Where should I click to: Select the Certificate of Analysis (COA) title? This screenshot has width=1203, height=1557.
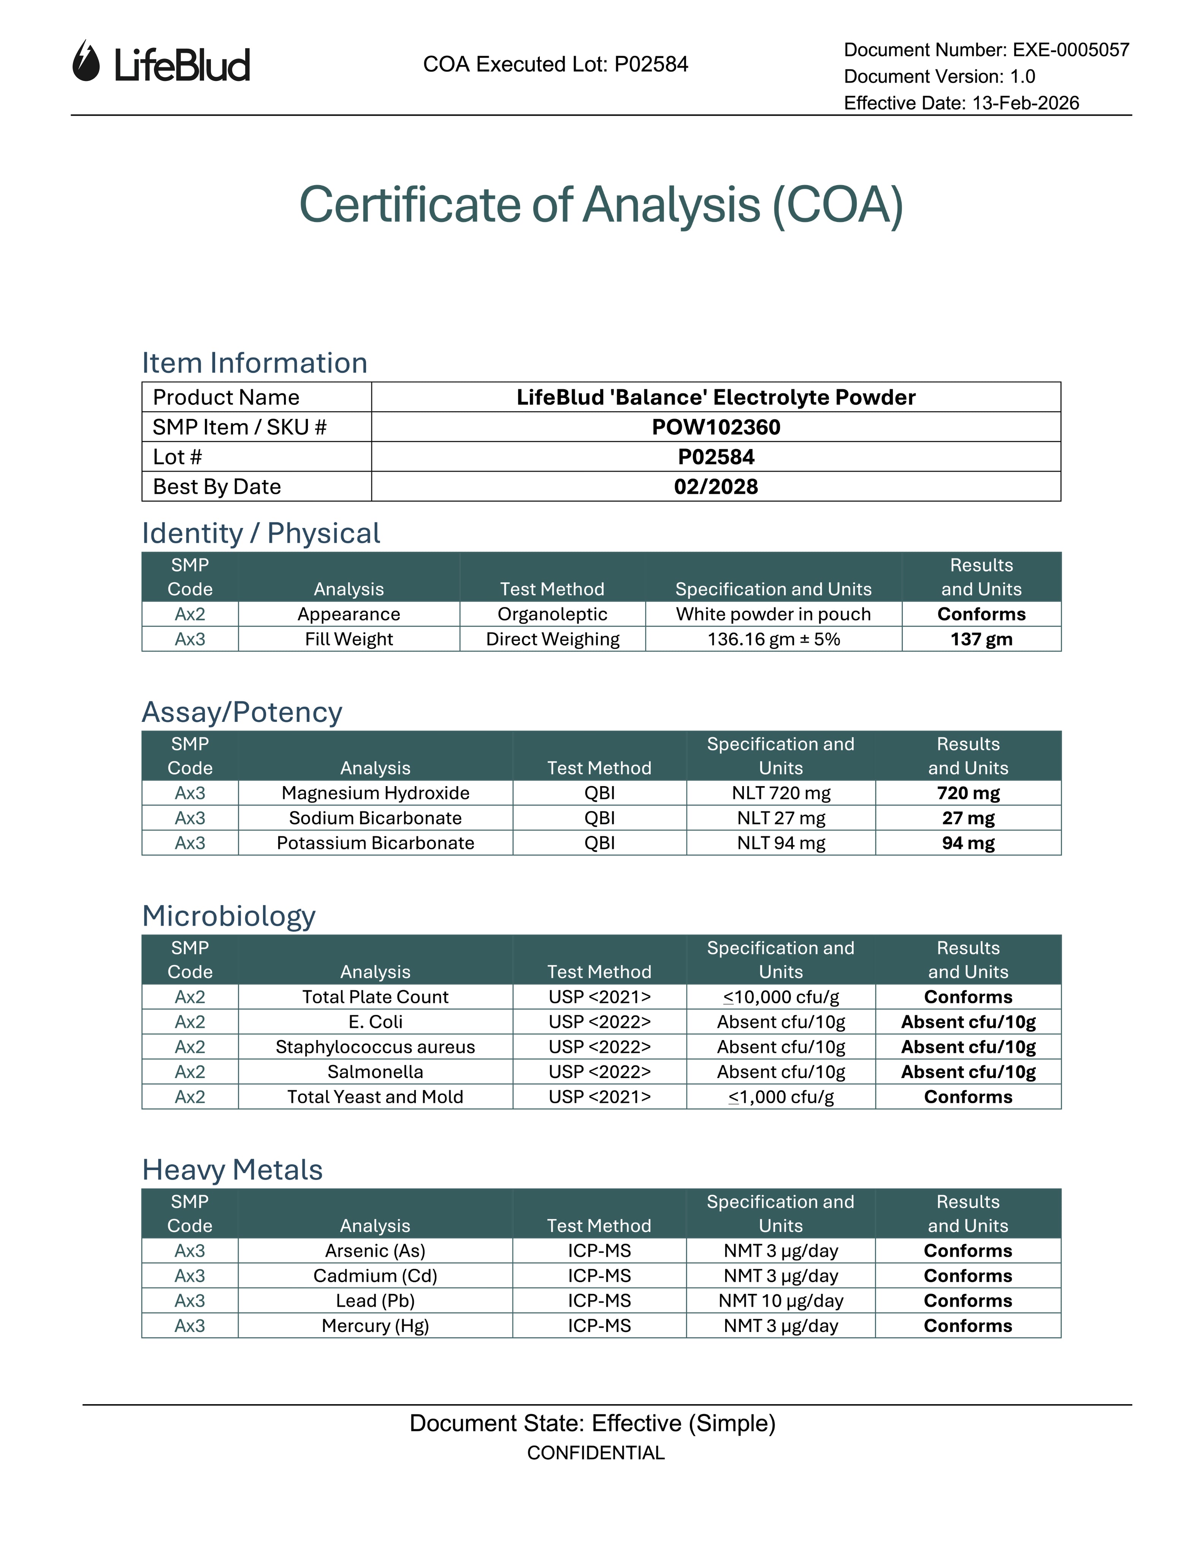[601, 205]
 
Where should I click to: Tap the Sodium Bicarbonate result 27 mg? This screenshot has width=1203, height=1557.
[968, 818]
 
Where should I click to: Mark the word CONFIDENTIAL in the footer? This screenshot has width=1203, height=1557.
[596, 1453]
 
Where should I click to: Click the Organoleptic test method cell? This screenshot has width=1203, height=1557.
[552, 615]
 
